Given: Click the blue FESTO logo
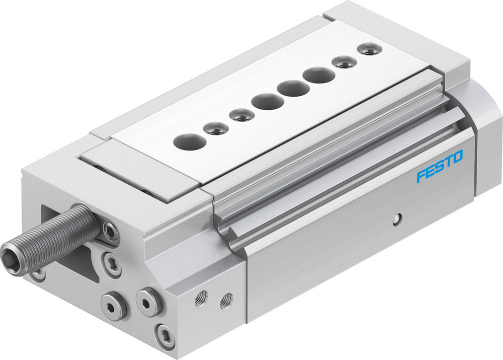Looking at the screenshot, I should pos(439,167).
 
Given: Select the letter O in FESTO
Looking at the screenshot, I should pos(457,158).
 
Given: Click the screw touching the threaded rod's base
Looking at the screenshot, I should pos(109,232).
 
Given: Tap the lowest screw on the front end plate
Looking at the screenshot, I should pos(164,335).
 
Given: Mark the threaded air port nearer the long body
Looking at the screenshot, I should pos(226,300).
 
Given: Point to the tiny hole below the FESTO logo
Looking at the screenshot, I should pos(397,218).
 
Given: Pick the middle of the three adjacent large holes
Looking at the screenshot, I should pos(293,89).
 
